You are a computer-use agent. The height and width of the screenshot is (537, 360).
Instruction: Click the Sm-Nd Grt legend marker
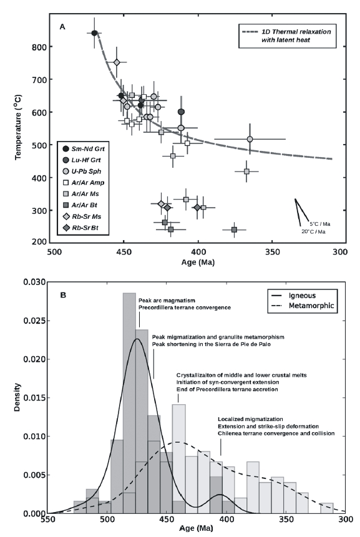click(66, 148)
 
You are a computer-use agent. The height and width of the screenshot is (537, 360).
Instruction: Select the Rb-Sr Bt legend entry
click(82, 228)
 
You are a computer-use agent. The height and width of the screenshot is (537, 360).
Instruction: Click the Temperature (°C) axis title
click(18, 127)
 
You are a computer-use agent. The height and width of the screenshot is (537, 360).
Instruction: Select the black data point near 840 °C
click(95, 33)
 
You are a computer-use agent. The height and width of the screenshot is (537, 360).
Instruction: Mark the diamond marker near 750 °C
click(117, 62)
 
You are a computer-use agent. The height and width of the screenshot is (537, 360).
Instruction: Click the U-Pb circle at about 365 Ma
click(250, 139)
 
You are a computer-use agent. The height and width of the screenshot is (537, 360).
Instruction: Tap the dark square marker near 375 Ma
click(235, 230)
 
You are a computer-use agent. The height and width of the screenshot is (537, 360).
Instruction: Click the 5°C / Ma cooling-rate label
click(320, 224)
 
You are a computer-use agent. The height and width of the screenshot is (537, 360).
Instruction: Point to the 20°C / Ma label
click(313, 232)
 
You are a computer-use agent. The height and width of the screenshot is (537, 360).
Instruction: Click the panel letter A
click(62, 26)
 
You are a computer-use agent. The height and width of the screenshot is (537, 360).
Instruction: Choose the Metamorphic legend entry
click(302, 306)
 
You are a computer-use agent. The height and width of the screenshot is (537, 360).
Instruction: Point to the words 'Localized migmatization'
click(250, 419)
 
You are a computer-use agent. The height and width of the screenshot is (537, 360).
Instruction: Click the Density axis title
click(17, 397)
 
